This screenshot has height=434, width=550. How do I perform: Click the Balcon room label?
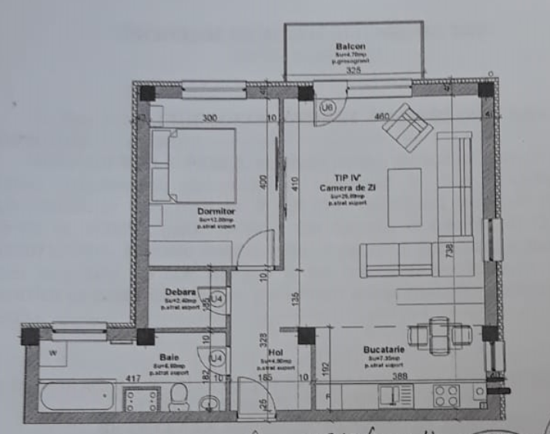(350, 47)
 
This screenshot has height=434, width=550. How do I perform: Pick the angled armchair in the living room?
(407, 128)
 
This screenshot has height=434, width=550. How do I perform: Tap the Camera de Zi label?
(344, 188)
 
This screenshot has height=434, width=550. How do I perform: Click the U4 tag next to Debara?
(218, 298)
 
